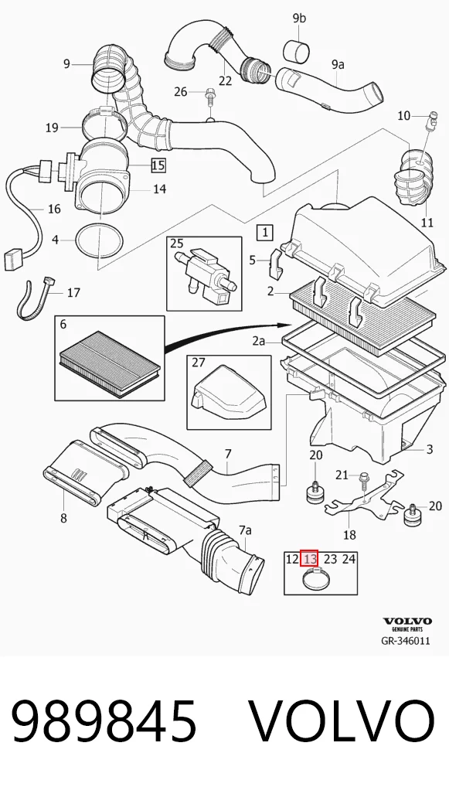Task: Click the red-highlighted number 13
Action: coord(309,558)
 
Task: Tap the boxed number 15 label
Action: coord(158,165)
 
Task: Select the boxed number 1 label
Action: coord(264,233)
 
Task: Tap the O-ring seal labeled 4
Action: coord(99,241)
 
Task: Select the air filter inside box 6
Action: coord(110,363)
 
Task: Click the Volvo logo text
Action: coord(406,621)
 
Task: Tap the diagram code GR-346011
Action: coord(406,641)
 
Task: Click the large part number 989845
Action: coord(104,721)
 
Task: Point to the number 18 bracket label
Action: coord(349,535)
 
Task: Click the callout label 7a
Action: coord(245,530)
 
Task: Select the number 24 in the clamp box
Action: coord(349,558)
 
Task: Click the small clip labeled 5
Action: coord(275,264)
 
